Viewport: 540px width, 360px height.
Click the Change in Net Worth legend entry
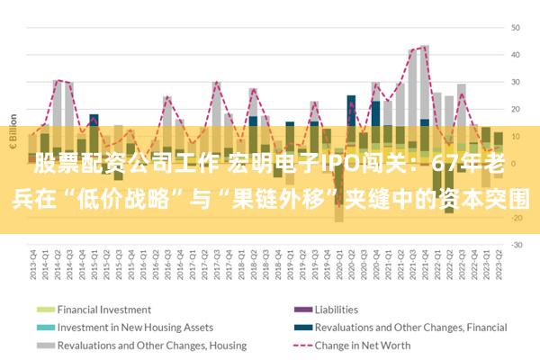[358, 345]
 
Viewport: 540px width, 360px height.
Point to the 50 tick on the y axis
[517, 27]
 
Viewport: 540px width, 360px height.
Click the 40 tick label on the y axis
[517, 54]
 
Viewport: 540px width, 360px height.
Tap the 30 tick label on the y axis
[517, 81]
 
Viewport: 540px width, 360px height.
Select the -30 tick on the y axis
[517, 244]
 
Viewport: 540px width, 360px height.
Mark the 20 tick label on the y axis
[517, 108]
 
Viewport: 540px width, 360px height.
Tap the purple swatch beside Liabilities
[299, 309]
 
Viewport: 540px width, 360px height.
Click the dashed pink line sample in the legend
[299, 345]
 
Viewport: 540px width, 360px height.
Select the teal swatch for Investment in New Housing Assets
[44, 327]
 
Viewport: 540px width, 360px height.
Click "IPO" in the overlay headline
[337, 166]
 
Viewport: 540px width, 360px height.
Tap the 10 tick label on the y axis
[517, 135]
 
